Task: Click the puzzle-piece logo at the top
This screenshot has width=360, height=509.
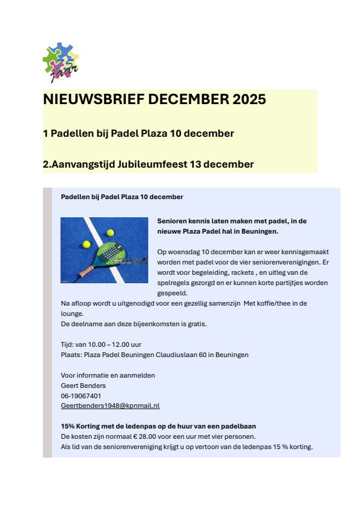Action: [61, 62]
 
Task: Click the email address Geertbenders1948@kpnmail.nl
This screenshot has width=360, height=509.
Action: [110, 406]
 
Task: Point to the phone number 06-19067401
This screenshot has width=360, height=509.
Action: [81, 395]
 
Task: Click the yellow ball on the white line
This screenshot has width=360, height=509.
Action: [110, 232]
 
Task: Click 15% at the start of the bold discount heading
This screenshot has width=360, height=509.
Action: [68, 426]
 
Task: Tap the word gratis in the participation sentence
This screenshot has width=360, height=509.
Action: [197, 324]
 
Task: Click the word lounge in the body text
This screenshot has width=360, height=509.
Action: [72, 314]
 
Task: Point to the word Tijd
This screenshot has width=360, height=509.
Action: [67, 344]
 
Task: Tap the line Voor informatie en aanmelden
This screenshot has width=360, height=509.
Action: [108, 375]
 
